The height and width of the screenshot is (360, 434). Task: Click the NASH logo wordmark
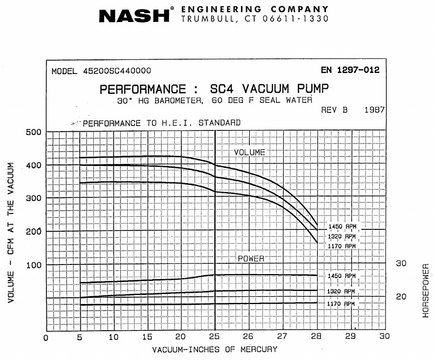pyautogui.click(x=134, y=15)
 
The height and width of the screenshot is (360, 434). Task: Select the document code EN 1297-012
pyautogui.click(x=350, y=71)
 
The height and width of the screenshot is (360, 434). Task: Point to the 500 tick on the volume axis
pyautogui.click(x=33, y=132)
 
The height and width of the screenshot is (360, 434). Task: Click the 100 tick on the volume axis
pyautogui.click(x=33, y=264)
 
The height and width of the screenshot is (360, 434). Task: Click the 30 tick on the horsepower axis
pyautogui.click(x=401, y=263)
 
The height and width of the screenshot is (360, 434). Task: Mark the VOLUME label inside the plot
pyautogui.click(x=250, y=153)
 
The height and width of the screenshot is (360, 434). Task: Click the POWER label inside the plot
pyautogui.click(x=250, y=258)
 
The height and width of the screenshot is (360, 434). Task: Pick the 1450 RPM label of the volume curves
pyautogui.click(x=342, y=227)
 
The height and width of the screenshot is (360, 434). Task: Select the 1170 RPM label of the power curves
pyautogui.click(x=342, y=304)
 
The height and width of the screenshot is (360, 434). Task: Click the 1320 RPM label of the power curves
pyautogui.click(x=342, y=291)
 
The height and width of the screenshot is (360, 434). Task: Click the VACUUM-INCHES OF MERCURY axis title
pyautogui.click(x=215, y=349)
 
